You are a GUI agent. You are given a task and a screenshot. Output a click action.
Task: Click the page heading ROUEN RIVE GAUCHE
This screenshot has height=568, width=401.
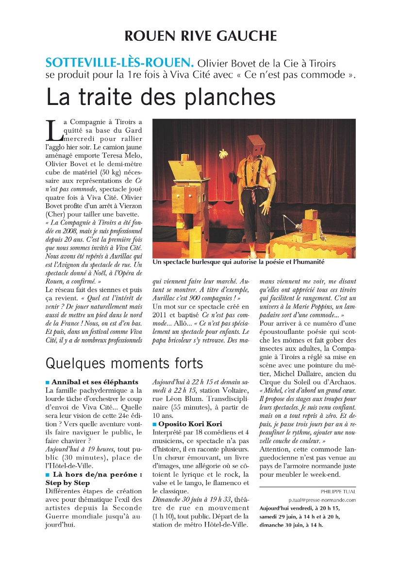200,36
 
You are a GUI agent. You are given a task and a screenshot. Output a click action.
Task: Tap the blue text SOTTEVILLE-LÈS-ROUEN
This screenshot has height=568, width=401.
119,63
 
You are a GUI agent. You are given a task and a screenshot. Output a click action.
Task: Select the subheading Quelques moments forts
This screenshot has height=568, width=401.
124,362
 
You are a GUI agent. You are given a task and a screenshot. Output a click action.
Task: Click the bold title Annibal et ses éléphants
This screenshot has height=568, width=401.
95,382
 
